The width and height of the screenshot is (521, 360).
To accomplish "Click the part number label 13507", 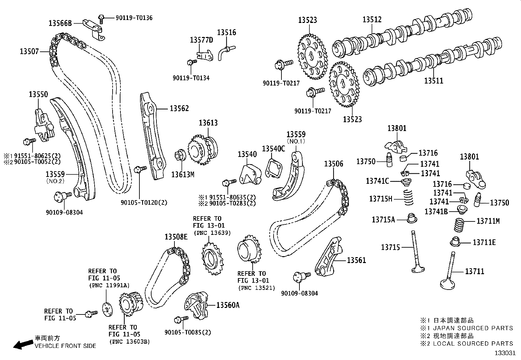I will pos(29,51).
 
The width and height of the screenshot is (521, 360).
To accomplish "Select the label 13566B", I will pos(60,23).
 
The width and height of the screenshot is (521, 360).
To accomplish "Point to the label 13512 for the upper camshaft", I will pos(372,20).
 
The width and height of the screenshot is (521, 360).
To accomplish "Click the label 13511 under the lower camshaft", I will pos(434,81).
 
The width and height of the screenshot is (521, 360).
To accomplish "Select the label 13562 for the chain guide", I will pos(179,108).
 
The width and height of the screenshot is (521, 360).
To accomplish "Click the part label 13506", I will pos(334,164).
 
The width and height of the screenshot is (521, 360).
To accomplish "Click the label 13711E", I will pos(484,242).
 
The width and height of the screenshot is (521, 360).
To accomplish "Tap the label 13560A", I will pos(228,305).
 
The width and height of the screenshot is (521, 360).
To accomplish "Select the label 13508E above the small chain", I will pos(176,237).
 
